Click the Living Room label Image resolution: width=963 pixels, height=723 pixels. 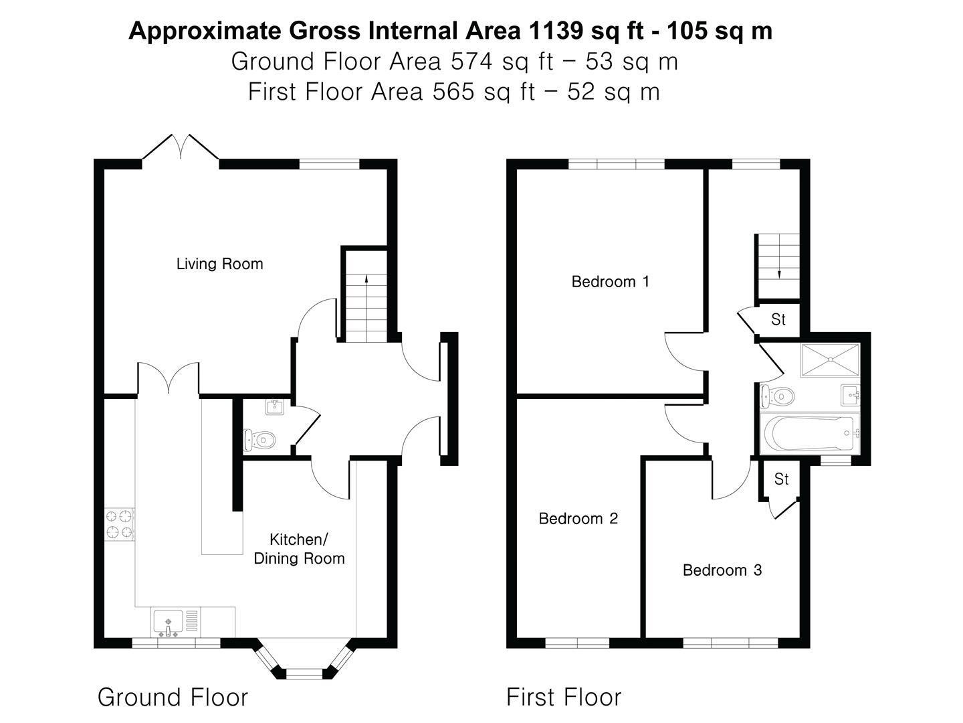pos(220,264)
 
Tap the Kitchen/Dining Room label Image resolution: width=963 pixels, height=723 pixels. pos(299,549)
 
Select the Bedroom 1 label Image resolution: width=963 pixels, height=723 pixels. pos(611,281)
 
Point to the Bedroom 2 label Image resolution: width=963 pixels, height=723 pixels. pos(578,518)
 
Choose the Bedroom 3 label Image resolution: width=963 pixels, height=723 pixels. pos(722,570)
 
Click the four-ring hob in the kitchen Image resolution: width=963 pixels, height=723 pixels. pos(119,524)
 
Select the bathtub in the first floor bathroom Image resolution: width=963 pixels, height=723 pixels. pos(810,434)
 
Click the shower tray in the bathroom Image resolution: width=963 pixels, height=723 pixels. pos(830,360)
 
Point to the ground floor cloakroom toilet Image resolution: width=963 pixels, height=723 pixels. pos(259,439)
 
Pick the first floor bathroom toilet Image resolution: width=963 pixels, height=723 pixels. pos(777,396)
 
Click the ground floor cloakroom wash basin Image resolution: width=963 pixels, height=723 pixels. pos(275,406)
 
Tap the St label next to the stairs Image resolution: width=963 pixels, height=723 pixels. pos(778,319)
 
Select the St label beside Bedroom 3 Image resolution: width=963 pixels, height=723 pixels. pos(781,479)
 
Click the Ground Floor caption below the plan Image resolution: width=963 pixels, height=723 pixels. pos(173,697)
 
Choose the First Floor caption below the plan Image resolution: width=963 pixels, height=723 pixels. pos(564,697)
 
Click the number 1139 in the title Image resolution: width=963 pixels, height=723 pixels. pos(556,31)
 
